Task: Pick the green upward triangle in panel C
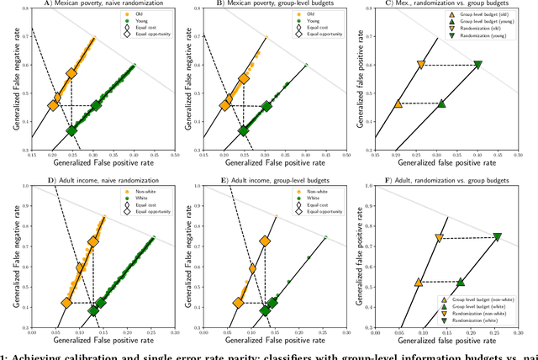point(441,103)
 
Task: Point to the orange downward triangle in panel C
point(421,65)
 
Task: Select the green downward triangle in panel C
point(477,65)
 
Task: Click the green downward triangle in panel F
point(496,237)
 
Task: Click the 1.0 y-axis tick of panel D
point(24,185)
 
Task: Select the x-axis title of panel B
point(265,165)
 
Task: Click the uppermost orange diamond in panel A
point(71,73)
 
